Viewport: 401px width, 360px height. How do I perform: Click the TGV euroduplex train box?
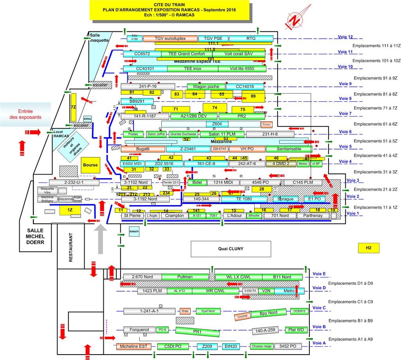point(170,38)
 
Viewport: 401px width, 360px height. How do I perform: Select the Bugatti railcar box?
point(143,149)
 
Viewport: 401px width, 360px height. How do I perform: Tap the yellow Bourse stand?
point(90,165)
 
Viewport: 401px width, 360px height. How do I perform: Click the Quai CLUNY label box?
point(231,248)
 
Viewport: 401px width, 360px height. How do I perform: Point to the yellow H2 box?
point(368,248)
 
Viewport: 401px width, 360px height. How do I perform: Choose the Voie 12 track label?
point(345,37)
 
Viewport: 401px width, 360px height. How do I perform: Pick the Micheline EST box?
point(134,346)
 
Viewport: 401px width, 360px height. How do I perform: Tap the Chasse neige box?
point(262,346)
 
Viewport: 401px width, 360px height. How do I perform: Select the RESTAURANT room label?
point(71,247)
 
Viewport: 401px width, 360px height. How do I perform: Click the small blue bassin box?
point(134,231)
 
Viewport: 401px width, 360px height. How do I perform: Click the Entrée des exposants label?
point(25,113)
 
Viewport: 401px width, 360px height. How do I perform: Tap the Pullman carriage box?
point(185,277)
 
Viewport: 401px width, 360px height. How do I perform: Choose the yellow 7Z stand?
point(73,107)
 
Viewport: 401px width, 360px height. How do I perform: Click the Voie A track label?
point(319,343)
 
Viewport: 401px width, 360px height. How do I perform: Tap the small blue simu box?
point(87,119)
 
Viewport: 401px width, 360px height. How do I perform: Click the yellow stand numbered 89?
point(253,96)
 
